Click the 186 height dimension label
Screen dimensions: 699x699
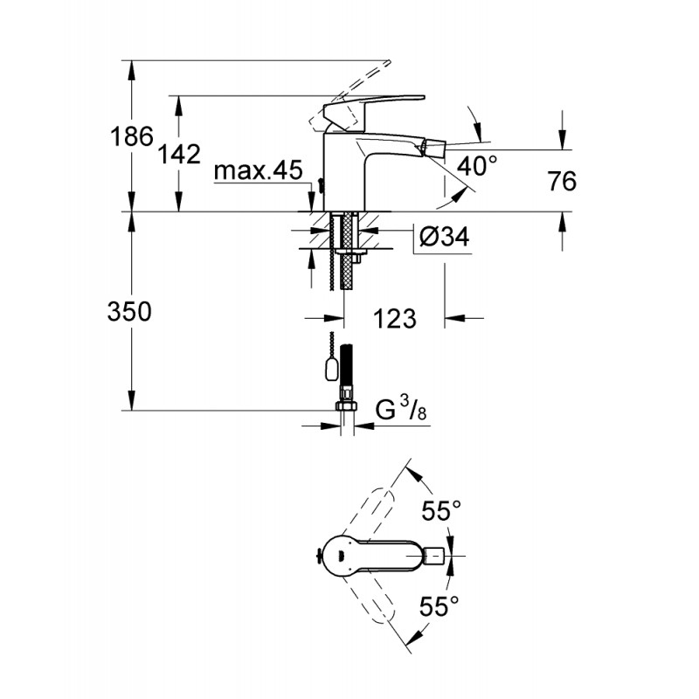132,136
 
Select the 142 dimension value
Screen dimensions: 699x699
180,154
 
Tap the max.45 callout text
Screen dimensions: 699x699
258,170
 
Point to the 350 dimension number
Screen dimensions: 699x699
129,312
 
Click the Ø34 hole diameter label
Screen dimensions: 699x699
445,236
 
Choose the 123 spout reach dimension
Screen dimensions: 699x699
395,318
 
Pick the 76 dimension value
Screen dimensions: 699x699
562,181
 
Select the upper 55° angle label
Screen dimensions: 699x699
441,510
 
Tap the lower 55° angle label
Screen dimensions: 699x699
439,606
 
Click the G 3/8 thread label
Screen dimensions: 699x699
401,410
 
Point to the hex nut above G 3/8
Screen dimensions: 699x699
346,406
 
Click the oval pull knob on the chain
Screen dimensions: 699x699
331,370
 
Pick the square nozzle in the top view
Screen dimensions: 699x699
435,556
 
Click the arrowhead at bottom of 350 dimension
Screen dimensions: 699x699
132,400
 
